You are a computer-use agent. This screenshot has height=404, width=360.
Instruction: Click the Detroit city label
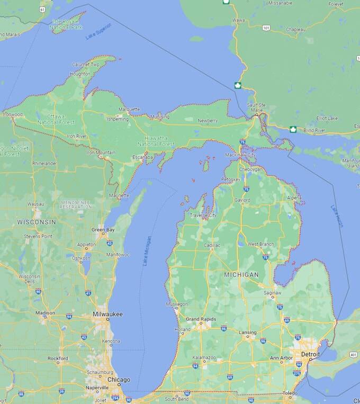(x=310, y=354)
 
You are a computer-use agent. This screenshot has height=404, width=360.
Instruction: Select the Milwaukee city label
(x=107, y=314)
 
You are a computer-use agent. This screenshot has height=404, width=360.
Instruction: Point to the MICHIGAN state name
(x=241, y=275)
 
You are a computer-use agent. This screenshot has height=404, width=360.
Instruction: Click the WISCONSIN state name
(x=37, y=221)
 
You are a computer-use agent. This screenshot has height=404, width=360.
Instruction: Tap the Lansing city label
(x=248, y=332)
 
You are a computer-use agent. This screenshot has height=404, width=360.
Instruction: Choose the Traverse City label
(x=203, y=216)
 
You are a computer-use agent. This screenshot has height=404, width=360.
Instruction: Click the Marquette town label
(x=129, y=109)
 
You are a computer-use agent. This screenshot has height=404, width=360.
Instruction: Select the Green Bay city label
(x=103, y=230)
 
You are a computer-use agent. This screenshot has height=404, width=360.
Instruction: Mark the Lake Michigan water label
(x=147, y=250)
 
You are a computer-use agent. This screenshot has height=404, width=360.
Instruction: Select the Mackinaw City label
(x=240, y=155)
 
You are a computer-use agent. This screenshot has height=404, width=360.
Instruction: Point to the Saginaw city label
(x=273, y=292)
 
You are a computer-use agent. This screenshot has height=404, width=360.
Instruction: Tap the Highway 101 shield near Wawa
(x=265, y=28)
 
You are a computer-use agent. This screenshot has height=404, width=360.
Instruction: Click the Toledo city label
(x=290, y=394)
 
